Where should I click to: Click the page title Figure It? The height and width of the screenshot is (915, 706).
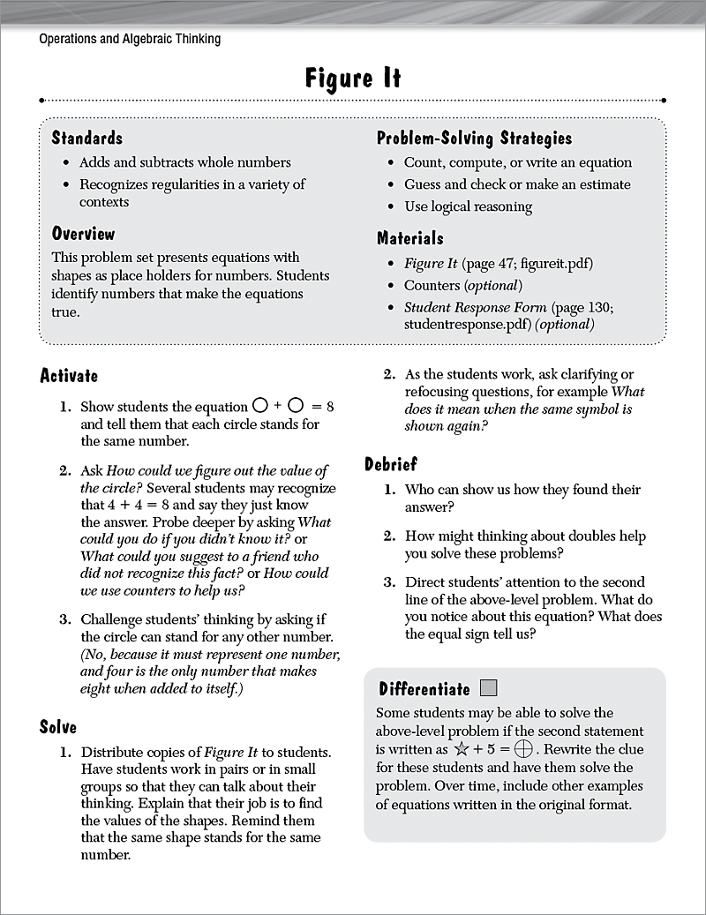[353, 79]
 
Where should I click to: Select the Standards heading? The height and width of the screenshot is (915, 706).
[86, 138]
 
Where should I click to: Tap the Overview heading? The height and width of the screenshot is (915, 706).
[83, 234]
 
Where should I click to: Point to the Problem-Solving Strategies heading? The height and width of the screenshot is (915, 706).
[474, 138]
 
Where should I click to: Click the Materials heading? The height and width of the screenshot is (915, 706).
[409, 238]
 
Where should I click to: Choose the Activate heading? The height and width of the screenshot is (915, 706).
[69, 376]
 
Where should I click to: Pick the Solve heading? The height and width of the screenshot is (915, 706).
[58, 727]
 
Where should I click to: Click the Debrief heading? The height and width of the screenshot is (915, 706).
[391, 464]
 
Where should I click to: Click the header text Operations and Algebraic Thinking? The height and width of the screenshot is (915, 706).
[130, 39]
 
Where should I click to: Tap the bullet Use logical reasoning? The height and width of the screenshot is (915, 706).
[468, 206]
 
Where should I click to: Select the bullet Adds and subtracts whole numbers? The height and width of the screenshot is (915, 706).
[184, 162]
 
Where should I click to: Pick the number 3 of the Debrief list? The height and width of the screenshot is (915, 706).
[389, 582]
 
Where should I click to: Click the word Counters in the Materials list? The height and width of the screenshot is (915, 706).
[432, 285]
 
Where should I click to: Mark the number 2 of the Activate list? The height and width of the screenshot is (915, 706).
[64, 471]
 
